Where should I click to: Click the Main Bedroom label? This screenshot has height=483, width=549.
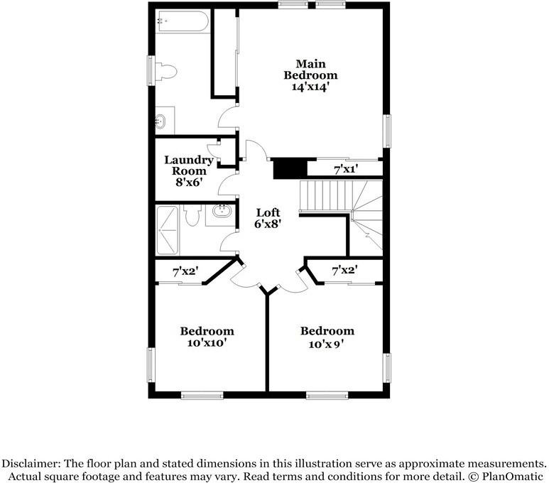(x=310, y=70)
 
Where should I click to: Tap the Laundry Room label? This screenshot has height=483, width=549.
(x=189, y=165)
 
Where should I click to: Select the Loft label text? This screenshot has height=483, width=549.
(x=268, y=212)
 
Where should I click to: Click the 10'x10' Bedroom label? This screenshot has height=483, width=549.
(x=207, y=337)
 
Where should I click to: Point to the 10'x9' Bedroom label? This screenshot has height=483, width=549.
(x=327, y=337)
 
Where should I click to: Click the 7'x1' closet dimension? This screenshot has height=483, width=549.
(x=346, y=169)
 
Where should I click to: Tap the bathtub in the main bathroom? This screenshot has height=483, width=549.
(x=183, y=21)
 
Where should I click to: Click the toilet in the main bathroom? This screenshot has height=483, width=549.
(x=165, y=71)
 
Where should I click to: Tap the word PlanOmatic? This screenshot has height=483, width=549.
(x=513, y=476)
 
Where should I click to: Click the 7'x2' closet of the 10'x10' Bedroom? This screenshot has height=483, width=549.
(x=185, y=271)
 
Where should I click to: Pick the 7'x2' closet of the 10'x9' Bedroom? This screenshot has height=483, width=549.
(x=344, y=270)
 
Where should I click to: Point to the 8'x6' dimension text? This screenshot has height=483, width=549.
(x=189, y=182)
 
